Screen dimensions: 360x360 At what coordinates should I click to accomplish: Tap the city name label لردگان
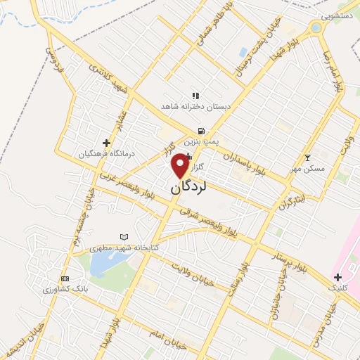pyautogui.click(x=188, y=188)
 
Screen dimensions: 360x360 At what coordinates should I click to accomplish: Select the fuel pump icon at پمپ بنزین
pyautogui.click(x=202, y=130)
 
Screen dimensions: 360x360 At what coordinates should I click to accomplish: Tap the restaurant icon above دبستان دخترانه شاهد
pyautogui.click(x=195, y=95)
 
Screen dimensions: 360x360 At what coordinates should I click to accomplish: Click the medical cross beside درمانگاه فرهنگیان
pyautogui.click(x=106, y=143)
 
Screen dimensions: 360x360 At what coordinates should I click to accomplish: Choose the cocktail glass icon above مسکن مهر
pyautogui.click(x=307, y=157)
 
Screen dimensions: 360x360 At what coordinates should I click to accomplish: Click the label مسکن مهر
pyautogui.click(x=307, y=169)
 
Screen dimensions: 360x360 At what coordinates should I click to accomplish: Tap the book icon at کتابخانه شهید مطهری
pyautogui.click(x=124, y=238)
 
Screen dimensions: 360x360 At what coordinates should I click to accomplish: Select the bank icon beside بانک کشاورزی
pyautogui.click(x=65, y=278)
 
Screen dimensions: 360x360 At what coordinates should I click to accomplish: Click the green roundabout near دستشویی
pyautogui.click(x=315, y=28)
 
